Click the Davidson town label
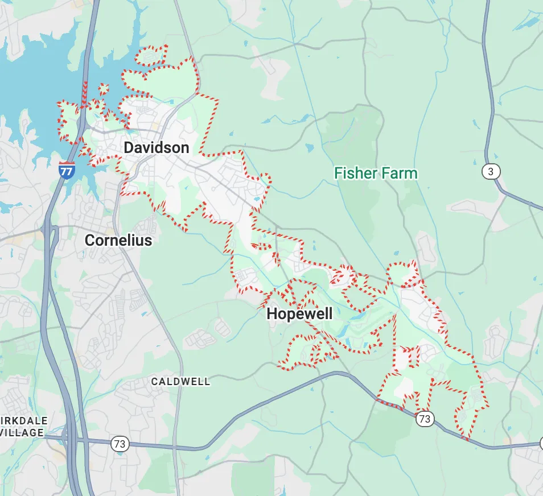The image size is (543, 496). [x=156, y=148]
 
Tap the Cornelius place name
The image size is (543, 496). [x=118, y=240]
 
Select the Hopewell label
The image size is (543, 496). [x=299, y=313]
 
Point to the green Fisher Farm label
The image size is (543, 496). [x=376, y=173]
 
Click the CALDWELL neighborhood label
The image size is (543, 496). [x=180, y=382]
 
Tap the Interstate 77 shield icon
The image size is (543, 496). [x=67, y=170]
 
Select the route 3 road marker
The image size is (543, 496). [x=490, y=171]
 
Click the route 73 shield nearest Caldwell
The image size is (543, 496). [x=120, y=444]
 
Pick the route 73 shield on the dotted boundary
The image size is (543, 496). [x=425, y=419]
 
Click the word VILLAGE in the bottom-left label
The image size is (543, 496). [x=22, y=433]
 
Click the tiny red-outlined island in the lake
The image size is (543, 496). [x=103, y=89]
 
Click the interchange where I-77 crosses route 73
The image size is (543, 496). [x=69, y=439]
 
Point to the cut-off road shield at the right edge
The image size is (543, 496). [x=540, y=443]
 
